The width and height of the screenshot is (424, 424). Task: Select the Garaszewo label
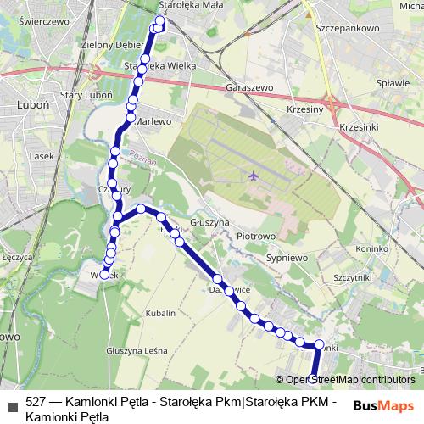click(250, 87)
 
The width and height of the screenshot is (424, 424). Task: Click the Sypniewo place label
click(287, 256)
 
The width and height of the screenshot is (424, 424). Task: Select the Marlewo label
click(153, 121)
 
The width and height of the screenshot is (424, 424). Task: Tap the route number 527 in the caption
click(36, 401)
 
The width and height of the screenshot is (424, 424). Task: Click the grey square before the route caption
click(11, 402)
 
